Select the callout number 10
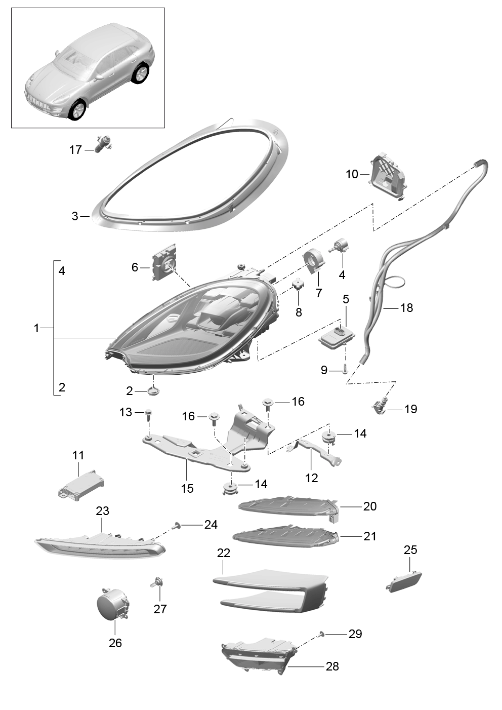[x=352, y=174]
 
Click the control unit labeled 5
[x=337, y=338]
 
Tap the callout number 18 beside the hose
[x=407, y=307]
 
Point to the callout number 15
[x=187, y=488]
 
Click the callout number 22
[x=223, y=553]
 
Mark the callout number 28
[x=332, y=666]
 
